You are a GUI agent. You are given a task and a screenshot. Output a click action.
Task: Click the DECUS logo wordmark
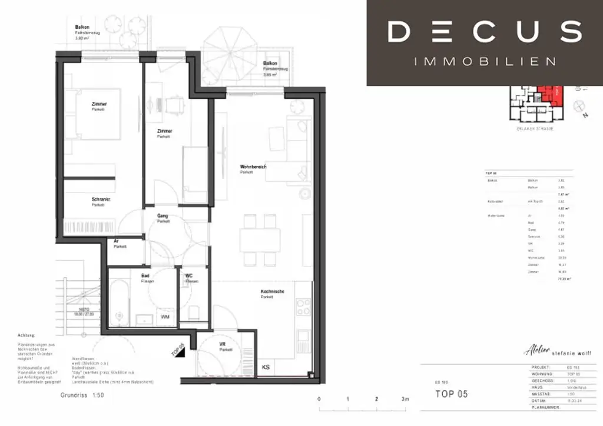485,32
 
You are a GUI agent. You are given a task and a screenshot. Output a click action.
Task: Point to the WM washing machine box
166,317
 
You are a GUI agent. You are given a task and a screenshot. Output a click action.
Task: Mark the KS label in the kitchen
266,368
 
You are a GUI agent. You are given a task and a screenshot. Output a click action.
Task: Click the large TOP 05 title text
451,394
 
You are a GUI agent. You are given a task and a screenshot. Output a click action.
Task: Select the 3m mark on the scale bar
405,400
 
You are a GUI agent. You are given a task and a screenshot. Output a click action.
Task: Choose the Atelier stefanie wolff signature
555,352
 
